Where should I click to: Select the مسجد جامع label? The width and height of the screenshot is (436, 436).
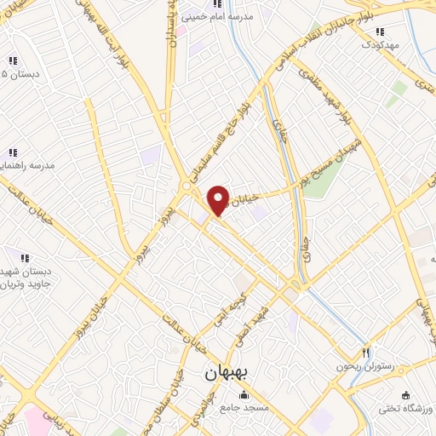coord(244,409)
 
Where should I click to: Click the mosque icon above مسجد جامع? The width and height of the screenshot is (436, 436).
coord(245,395)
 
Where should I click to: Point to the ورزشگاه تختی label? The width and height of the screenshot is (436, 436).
coord(406,410)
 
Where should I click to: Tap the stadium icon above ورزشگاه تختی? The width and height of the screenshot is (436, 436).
coord(405,395)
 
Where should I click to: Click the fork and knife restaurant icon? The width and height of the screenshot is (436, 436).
coord(367,352)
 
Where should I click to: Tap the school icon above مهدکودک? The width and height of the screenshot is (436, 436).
coord(379,32)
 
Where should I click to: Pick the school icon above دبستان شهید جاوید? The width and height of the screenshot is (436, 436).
coord(26,258)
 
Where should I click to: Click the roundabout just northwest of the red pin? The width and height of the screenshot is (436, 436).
coord(186,186)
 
